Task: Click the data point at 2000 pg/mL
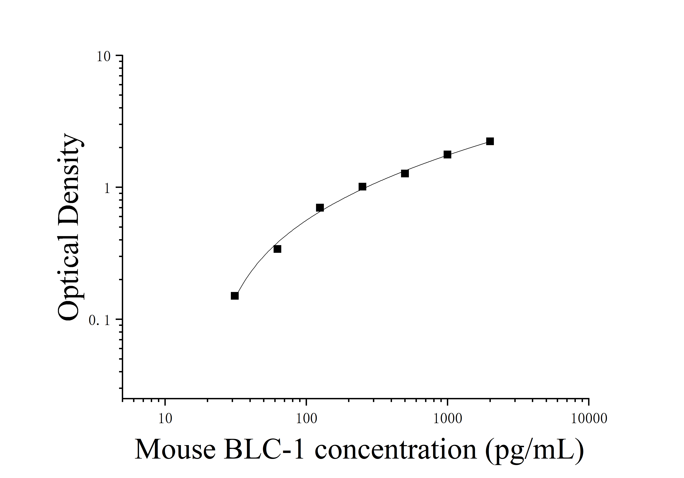pos(490,141)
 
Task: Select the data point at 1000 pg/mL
pos(447,154)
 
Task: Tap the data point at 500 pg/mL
pos(405,173)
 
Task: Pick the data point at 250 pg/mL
pos(362,187)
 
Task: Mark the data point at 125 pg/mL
pos(320,208)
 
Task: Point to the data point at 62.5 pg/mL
pos(277,249)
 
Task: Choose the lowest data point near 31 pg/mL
pos(235,296)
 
